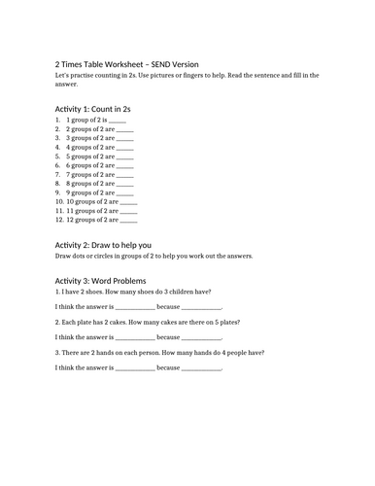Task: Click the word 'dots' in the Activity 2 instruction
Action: point(81,257)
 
